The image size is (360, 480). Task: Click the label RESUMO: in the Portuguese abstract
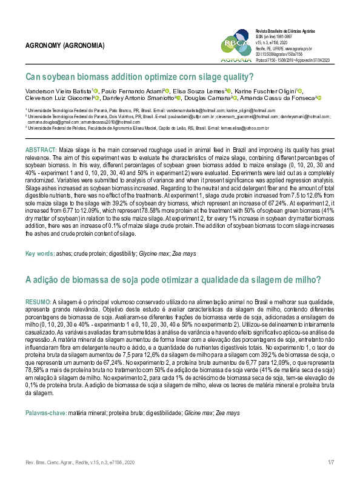point(38,301)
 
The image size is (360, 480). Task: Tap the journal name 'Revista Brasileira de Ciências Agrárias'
point(291,30)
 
